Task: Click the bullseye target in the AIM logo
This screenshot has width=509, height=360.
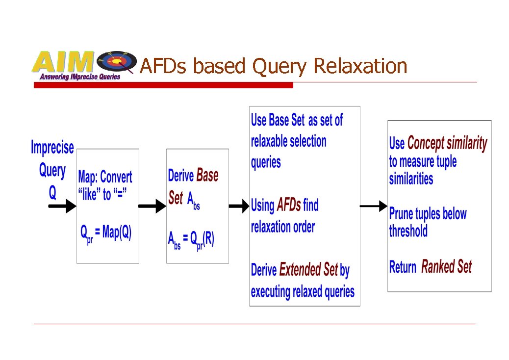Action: tap(117, 62)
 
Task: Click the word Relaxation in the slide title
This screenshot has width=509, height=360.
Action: tap(360, 66)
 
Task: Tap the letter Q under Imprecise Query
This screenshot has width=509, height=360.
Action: tap(52, 193)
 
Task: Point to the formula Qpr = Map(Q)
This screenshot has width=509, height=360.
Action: tap(106, 233)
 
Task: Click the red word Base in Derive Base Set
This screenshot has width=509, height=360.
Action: tap(207, 176)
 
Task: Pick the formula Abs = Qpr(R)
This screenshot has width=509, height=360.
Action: tap(191, 240)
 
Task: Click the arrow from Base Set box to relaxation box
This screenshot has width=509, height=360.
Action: tap(239, 206)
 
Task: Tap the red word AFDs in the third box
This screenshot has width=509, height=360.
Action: tap(289, 205)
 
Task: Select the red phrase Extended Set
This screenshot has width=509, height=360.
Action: tap(308, 270)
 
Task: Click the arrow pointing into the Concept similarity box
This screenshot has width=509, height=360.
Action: tap(373, 206)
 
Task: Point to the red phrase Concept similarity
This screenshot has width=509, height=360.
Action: tap(447, 143)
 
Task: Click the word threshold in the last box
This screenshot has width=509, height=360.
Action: tap(408, 231)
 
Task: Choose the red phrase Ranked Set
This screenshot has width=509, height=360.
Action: tap(446, 267)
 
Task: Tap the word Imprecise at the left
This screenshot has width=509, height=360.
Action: tap(52, 148)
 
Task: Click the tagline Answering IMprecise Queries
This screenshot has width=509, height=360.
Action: tap(80, 77)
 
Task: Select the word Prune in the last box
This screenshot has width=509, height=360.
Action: tap(401, 214)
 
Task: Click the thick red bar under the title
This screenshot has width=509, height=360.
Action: tap(163, 85)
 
